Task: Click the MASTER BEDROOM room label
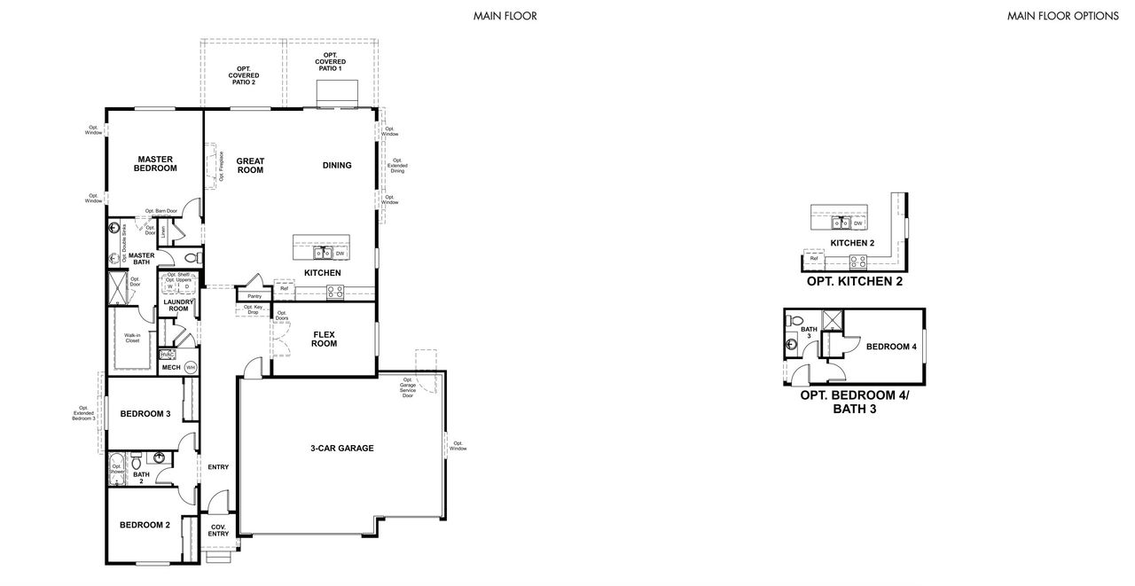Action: [154, 164]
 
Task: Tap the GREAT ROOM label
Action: [250, 166]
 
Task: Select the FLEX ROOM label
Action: [324, 339]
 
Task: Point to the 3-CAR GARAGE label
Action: [341, 449]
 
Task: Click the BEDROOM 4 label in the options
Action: [890, 347]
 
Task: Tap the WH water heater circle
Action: [190, 367]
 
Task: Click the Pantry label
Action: [254, 296]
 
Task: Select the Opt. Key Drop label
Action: [251, 310]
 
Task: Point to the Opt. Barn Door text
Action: [161, 211]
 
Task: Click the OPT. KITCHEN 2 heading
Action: [854, 282]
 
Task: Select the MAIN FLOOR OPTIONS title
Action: [1062, 16]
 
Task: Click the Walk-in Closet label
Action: [132, 338]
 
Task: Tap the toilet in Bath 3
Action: [794, 321]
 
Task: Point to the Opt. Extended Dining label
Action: [397, 166]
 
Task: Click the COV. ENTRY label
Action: [218, 530]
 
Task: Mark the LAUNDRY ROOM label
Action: [178, 305]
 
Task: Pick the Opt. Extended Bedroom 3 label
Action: [83, 413]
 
